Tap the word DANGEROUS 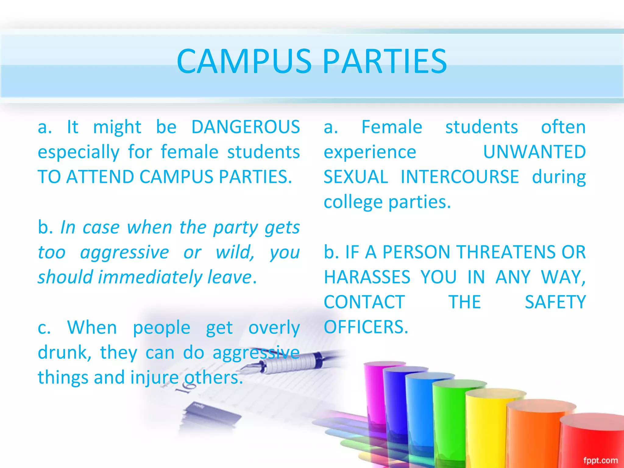click(246, 127)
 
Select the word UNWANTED click(534, 152)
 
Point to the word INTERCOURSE click(459, 177)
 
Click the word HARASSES click(367, 277)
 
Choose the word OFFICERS click(366, 327)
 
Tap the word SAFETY click(555, 302)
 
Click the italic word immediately click(150, 277)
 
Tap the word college click(353, 202)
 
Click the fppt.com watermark click(600, 460)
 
